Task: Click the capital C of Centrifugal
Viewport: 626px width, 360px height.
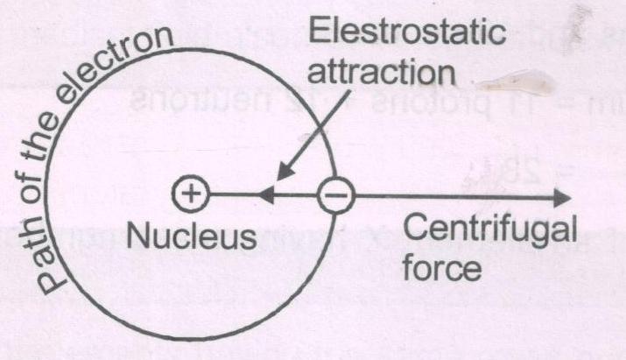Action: click(x=424, y=231)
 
